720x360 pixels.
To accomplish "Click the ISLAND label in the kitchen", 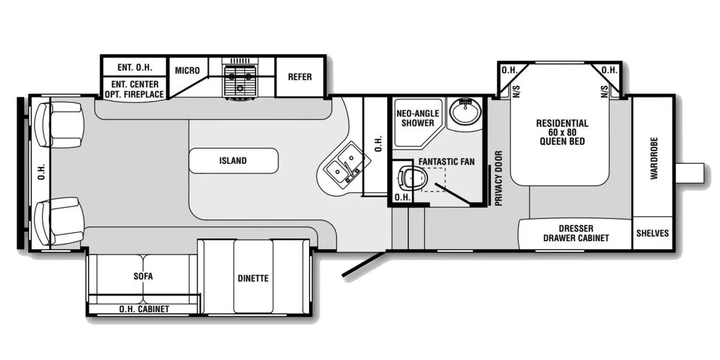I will pos(233,161).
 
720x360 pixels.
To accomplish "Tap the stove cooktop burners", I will pos(239,80).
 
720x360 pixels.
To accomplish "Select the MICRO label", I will pos(187,71).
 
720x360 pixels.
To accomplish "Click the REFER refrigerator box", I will pos(300,77).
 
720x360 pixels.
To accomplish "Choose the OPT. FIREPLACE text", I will pos(134,95).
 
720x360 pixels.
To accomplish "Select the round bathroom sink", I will pos(465,110).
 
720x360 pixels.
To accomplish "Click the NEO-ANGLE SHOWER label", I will pos(418,118).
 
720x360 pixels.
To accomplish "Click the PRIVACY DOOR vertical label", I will pos(497,178).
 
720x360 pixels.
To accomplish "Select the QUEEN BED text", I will pos(562,142).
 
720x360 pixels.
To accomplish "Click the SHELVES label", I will pos(652,233).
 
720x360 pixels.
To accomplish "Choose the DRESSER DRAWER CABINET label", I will pos(575,233).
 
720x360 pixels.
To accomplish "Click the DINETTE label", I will pos(253,278).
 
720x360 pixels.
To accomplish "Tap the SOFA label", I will pos(143,276).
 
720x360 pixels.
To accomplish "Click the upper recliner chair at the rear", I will pos(60,125).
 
